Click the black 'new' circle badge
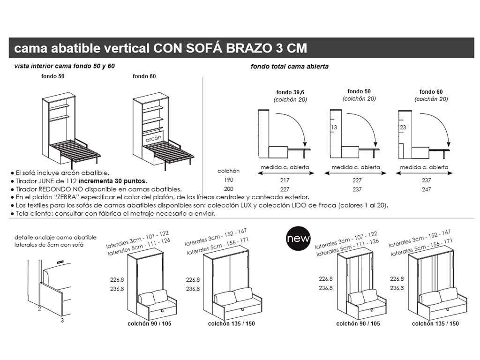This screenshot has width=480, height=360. pyautogui.click(x=298, y=238)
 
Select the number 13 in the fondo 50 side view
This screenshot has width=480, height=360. pyautogui.click(x=334, y=127)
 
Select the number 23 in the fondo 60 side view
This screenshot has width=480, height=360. pyautogui.click(x=403, y=127)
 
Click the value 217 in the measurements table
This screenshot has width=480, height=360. pyautogui.click(x=285, y=180)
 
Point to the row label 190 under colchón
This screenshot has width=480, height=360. pyautogui.click(x=228, y=180)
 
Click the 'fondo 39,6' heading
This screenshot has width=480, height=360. pyautogui.click(x=291, y=92)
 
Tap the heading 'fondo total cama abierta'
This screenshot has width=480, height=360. pyautogui.click(x=290, y=67)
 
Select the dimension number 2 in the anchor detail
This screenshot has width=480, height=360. pyautogui.click(x=39, y=308)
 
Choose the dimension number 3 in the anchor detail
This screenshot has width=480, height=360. pyautogui.click(x=62, y=321)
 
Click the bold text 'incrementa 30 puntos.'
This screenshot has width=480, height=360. pyautogui.click(x=112, y=181)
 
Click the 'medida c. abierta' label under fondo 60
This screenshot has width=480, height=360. pyautogui.click(x=424, y=167)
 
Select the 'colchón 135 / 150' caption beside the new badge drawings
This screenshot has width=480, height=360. pyautogui.click(x=435, y=324)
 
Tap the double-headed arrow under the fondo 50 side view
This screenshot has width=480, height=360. pyautogui.click(x=355, y=173)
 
